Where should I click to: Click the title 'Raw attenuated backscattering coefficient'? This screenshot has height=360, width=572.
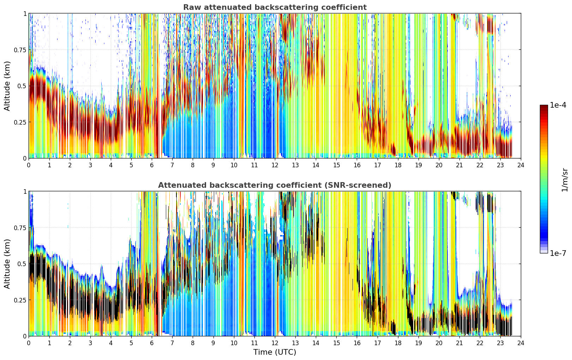275,7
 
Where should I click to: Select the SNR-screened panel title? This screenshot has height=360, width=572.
275,185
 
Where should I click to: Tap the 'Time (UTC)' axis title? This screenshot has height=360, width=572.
275,352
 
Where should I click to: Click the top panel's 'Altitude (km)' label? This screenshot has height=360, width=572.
7,86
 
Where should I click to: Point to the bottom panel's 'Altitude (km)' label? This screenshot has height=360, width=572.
7,264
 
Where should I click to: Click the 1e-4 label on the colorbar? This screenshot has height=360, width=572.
558,105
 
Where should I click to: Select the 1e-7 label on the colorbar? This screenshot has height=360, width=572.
558,253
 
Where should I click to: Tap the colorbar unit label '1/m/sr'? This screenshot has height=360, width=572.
565,180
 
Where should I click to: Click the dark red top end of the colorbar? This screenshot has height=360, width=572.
544,106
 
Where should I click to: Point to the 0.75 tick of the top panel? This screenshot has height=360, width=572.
20,50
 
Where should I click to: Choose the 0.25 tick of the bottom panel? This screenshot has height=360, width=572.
20,300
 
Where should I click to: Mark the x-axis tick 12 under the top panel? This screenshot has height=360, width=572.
275,165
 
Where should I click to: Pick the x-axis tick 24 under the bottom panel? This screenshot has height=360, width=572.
521,343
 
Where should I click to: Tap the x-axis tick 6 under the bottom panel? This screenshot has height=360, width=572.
152,343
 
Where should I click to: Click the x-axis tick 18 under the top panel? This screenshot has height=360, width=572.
398,165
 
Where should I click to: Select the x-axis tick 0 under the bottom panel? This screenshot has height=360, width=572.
29,343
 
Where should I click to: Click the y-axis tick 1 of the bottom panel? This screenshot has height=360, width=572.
25,192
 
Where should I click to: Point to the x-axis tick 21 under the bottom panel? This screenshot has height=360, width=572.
459,343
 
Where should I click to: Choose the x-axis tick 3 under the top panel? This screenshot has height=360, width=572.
90,165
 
